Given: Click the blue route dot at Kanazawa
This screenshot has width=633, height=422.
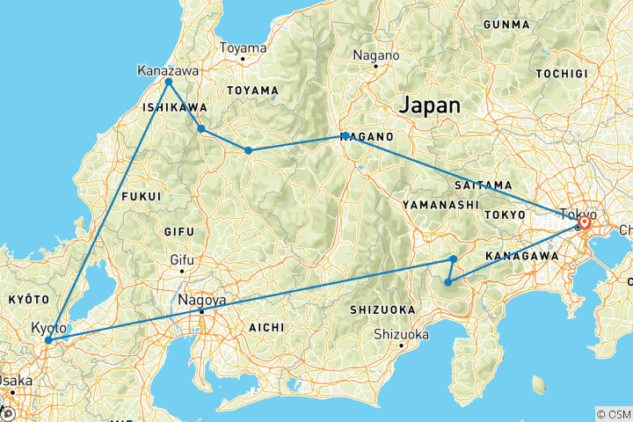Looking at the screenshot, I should click(168, 82).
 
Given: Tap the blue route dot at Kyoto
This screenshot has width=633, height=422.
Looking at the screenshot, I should click(48, 339).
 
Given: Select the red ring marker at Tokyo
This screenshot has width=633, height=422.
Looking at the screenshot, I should click(583, 223).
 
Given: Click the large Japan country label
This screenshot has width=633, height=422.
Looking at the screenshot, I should click(429, 105).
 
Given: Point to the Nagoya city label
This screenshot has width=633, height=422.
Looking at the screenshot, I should click(201, 300).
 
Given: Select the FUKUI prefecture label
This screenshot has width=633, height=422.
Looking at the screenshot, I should click(142, 195).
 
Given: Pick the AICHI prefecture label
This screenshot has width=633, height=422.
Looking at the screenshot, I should click(266, 326).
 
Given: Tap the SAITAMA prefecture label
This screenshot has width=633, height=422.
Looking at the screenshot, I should click(484, 185).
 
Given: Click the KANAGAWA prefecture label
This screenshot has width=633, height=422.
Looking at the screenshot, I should click(522, 256).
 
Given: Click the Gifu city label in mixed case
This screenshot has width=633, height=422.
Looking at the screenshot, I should click(182, 260).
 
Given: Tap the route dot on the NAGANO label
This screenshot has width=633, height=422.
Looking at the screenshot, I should click(346, 135).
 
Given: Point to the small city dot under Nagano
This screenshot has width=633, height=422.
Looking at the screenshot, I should click(375, 66).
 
